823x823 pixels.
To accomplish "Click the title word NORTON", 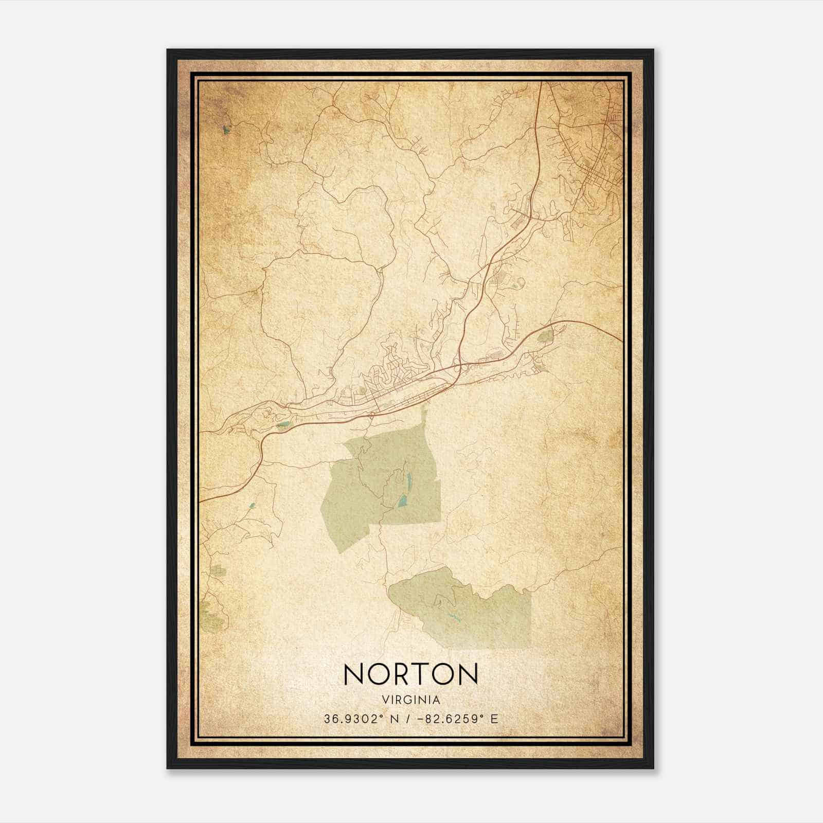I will pos(410,674).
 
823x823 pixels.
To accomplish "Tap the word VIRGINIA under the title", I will pos(411,700).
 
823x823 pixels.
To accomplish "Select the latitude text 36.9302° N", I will pos(361,719).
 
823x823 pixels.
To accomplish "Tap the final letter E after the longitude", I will pos(494,719).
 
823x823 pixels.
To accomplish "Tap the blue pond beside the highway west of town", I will pos(283,425).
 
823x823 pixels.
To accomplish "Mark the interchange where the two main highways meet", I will pos(457,367).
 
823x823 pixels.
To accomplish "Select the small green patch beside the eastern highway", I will pos(544,337).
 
